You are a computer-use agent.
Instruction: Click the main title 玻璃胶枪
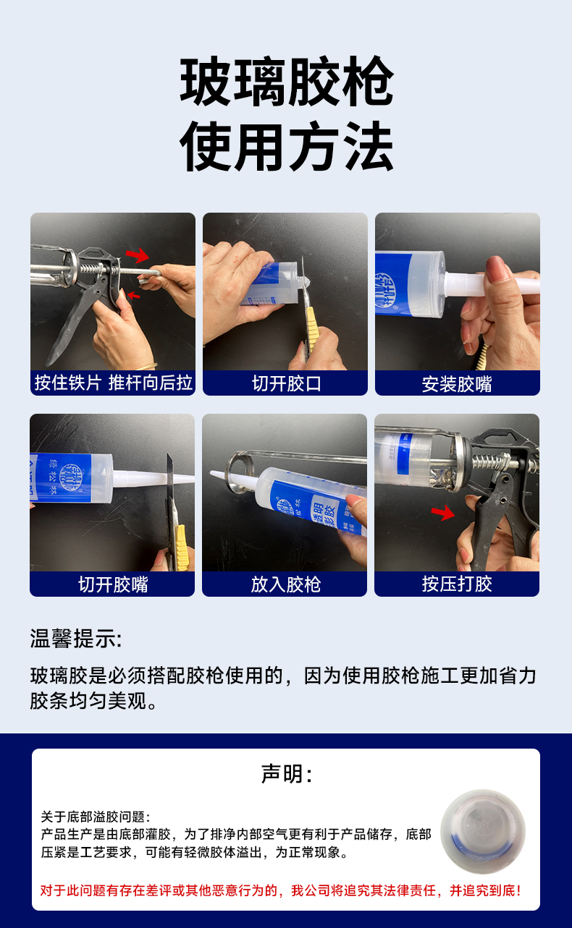[286, 81]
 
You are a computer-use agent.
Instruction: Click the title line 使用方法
[286, 146]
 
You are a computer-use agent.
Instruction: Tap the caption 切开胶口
[286, 383]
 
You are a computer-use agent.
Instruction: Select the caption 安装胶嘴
[457, 384]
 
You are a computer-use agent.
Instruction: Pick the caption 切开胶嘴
[113, 584]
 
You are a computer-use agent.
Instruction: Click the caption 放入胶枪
[285, 584]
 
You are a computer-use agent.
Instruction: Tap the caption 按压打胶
[457, 584]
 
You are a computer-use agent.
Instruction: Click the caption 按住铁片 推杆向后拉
[113, 383]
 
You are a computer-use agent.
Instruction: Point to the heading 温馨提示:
[76, 639]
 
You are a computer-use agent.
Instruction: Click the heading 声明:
[286, 773]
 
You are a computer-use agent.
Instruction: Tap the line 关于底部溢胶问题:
[95, 817]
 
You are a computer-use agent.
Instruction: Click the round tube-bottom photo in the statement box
[482, 832]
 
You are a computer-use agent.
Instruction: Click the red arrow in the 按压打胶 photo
[443, 513]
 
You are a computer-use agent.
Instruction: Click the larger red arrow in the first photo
[138, 255]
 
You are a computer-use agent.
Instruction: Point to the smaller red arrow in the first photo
[133, 295]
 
